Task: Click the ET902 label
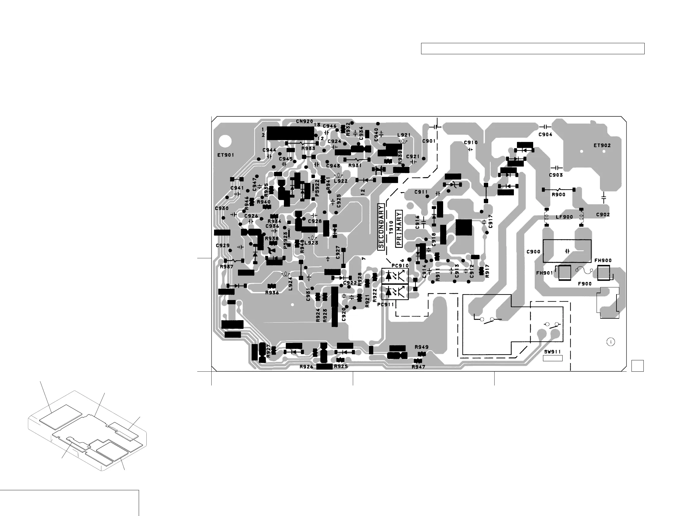pos(602,145)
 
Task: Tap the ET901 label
pos(225,155)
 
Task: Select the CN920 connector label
pos(304,121)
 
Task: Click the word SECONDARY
pos(381,226)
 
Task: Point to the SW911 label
pos(552,352)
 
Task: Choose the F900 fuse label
pos(585,284)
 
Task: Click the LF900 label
pos(564,217)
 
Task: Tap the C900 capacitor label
pos(533,252)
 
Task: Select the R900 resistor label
pos(558,195)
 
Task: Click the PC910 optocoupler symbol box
pos(394,275)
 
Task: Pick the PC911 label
pos(386,305)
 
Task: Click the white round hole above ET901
pos(225,142)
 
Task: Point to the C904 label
pos(545,134)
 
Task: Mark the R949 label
pos(421,347)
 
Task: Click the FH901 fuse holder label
pos(544,273)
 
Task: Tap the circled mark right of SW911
pos(610,342)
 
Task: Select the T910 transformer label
pos(391,227)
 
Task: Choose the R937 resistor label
pos(226,267)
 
